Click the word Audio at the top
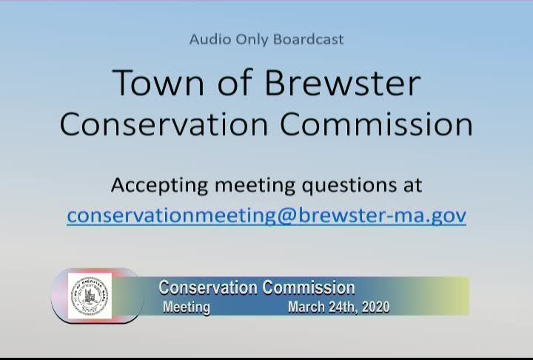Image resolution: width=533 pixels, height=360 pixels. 209,39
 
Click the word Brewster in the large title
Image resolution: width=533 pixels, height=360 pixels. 343,82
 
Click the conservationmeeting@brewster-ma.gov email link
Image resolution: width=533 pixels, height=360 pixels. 266,216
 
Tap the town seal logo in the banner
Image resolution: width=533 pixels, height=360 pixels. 90,296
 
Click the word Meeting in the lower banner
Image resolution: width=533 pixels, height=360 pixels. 187,307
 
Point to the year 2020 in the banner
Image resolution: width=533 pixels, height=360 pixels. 376,307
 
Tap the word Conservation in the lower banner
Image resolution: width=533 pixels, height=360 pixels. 208,287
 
